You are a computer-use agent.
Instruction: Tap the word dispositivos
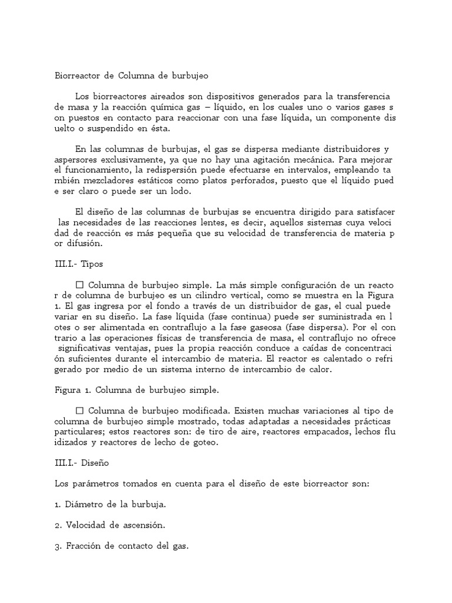(219, 97)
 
